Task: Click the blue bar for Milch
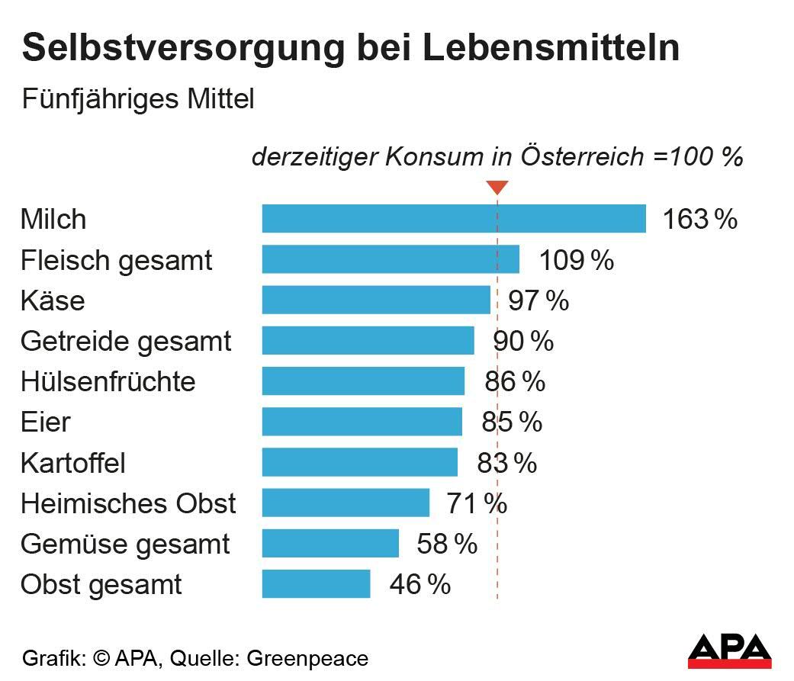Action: click(x=454, y=219)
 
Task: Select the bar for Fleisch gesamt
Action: click(x=391, y=259)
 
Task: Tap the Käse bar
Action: click(x=376, y=300)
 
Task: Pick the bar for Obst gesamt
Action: click(x=316, y=584)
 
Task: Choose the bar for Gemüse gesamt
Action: click(x=330, y=544)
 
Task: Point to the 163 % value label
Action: click(x=699, y=220)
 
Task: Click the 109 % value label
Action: click(x=576, y=260)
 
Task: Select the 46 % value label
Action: click(x=420, y=585)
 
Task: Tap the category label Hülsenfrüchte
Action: click(x=108, y=381)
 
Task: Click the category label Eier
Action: click(x=46, y=422)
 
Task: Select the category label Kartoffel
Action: click(x=73, y=463)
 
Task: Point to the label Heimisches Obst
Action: click(x=128, y=503)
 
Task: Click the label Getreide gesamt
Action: click(x=126, y=341)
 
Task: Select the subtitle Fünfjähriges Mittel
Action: click(x=137, y=99)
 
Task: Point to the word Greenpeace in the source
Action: click(x=308, y=658)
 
